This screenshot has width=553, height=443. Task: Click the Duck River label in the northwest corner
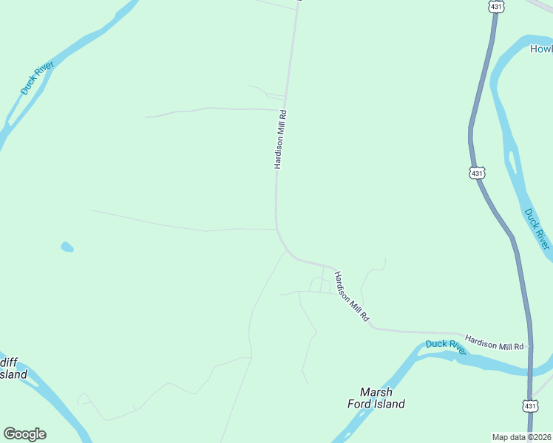38,78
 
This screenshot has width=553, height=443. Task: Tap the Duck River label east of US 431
537,228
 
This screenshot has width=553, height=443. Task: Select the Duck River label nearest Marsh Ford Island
446,346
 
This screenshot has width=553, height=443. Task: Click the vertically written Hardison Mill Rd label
279,140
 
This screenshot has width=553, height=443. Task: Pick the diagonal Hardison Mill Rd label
351,296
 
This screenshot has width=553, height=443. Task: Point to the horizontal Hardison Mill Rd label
495,345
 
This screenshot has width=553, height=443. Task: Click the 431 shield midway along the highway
477,173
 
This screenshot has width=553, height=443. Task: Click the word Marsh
376,392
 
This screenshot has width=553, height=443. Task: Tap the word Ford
362,404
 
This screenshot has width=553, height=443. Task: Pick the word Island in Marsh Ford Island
390,404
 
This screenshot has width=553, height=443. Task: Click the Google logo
24,434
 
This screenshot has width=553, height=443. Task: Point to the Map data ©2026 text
521,437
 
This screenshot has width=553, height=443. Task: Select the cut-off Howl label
541,49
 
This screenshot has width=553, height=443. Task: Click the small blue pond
67,247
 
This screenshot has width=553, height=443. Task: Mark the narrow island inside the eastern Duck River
512,162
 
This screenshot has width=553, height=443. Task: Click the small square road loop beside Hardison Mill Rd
316,285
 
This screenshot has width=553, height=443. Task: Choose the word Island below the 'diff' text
13,374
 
